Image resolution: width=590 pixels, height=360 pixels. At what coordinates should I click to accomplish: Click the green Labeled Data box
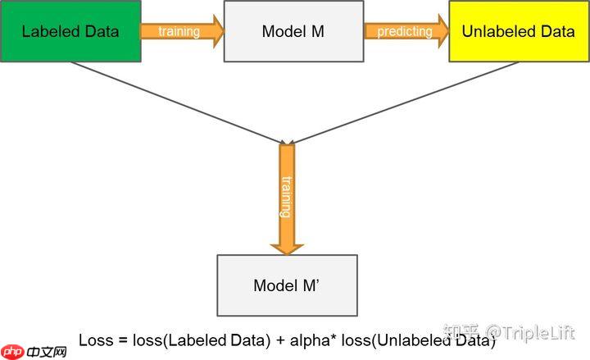(70, 31)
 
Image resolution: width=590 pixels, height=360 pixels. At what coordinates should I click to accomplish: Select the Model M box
(293, 31)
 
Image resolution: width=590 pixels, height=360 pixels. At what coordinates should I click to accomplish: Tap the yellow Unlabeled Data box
(518, 31)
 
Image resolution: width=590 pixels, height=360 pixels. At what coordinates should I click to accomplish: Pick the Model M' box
(287, 285)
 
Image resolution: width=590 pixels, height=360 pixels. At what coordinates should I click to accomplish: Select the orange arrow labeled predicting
(406, 31)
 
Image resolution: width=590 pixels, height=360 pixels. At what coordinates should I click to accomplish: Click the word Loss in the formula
(95, 340)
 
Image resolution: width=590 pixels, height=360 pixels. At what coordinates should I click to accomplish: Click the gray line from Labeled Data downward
(172, 103)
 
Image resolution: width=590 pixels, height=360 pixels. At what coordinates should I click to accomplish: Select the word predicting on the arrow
(404, 31)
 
